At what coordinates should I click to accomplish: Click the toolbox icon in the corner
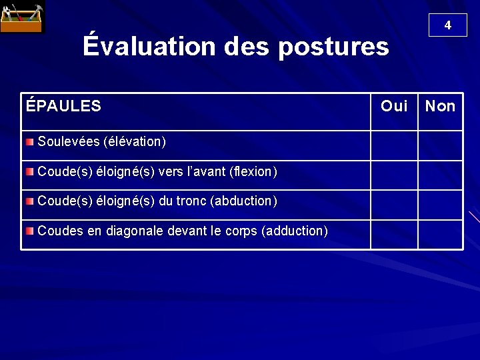(x=23, y=18)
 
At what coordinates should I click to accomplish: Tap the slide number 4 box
(x=447, y=25)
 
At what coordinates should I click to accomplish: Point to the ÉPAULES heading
(x=63, y=105)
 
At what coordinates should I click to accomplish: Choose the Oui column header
(x=394, y=106)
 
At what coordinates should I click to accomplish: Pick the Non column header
(x=440, y=106)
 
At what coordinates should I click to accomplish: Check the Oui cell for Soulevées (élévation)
(x=394, y=145)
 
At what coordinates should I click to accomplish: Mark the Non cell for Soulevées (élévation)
(x=440, y=145)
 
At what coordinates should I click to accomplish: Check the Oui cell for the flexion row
(x=394, y=175)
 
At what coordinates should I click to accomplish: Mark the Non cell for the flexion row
(x=440, y=175)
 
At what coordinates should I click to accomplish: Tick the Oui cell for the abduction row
(x=394, y=205)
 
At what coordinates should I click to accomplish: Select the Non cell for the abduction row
(x=440, y=205)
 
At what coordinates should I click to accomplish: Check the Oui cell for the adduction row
(x=394, y=235)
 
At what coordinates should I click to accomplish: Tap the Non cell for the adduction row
(x=440, y=235)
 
